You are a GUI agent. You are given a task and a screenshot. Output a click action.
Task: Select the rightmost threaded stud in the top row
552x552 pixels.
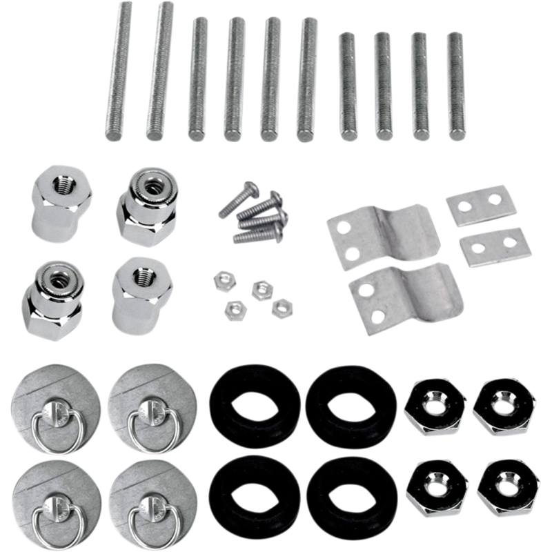click(455, 86)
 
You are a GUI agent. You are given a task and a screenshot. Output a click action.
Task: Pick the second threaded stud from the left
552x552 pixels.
click(158, 70)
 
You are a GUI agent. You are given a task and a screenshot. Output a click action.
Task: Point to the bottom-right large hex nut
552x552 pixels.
click(507, 487)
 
